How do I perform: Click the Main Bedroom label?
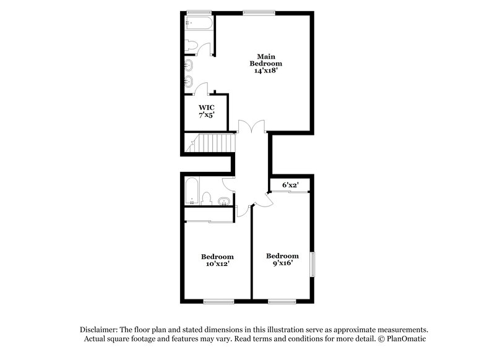tap(266, 59)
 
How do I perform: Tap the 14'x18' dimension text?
tap(266, 71)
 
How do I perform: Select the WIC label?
tap(207, 107)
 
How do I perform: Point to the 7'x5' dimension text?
tap(207, 115)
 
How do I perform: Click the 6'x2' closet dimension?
tap(290, 184)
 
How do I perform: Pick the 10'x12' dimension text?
tap(217, 264)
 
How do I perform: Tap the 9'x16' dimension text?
tap(282, 262)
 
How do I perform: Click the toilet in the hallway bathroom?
tap(207, 199)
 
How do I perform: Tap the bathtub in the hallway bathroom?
tap(192, 191)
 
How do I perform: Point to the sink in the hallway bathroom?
tap(223, 200)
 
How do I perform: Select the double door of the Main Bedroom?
tap(251, 127)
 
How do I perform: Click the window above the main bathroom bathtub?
tap(199, 11)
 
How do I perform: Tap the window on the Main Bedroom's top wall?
tap(259, 11)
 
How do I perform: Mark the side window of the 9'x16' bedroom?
tap(312, 264)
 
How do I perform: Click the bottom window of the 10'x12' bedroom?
tap(218, 302)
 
